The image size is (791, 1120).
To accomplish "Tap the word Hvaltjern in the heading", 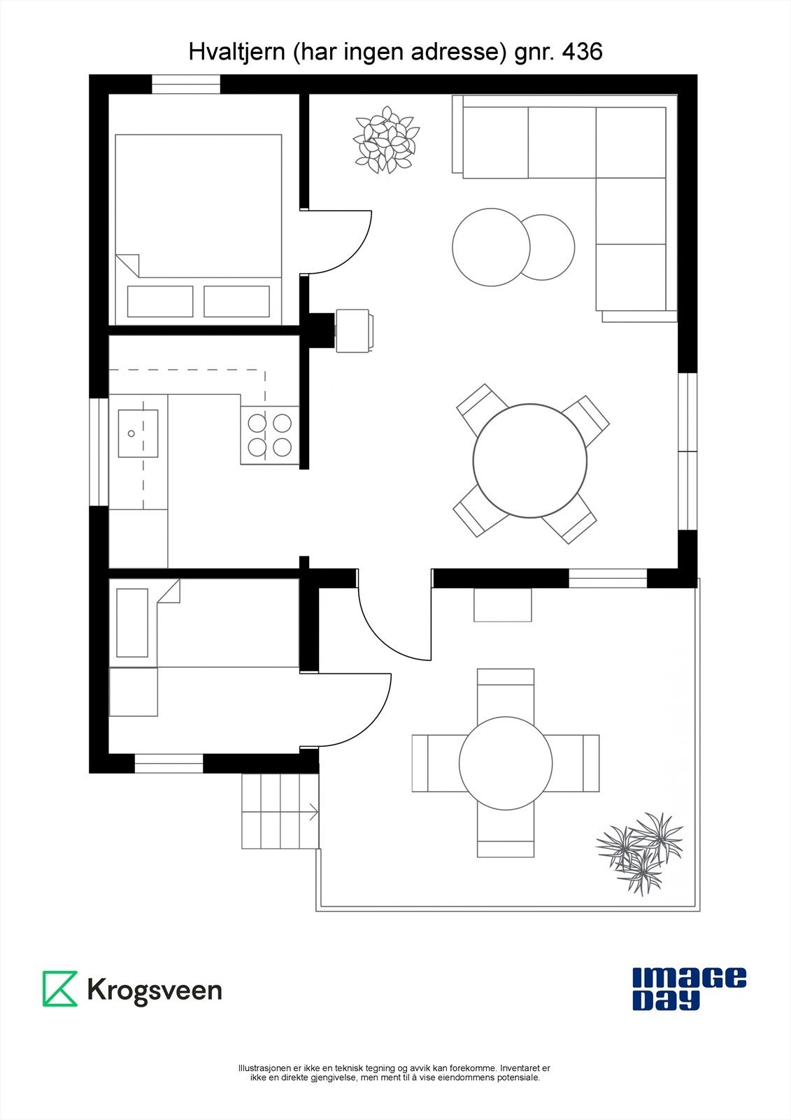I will coord(234,52).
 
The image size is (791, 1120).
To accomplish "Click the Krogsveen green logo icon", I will coord(60,988).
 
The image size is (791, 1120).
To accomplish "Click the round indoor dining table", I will coord(529,461).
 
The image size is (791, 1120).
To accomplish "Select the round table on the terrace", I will coord(506,763).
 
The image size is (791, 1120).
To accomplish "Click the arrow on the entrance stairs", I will coord(313,812).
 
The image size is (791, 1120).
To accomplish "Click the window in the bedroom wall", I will coord(186,84).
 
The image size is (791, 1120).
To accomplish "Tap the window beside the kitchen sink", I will coord(99,451).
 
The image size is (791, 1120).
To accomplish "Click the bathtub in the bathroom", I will coord(132,622).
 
